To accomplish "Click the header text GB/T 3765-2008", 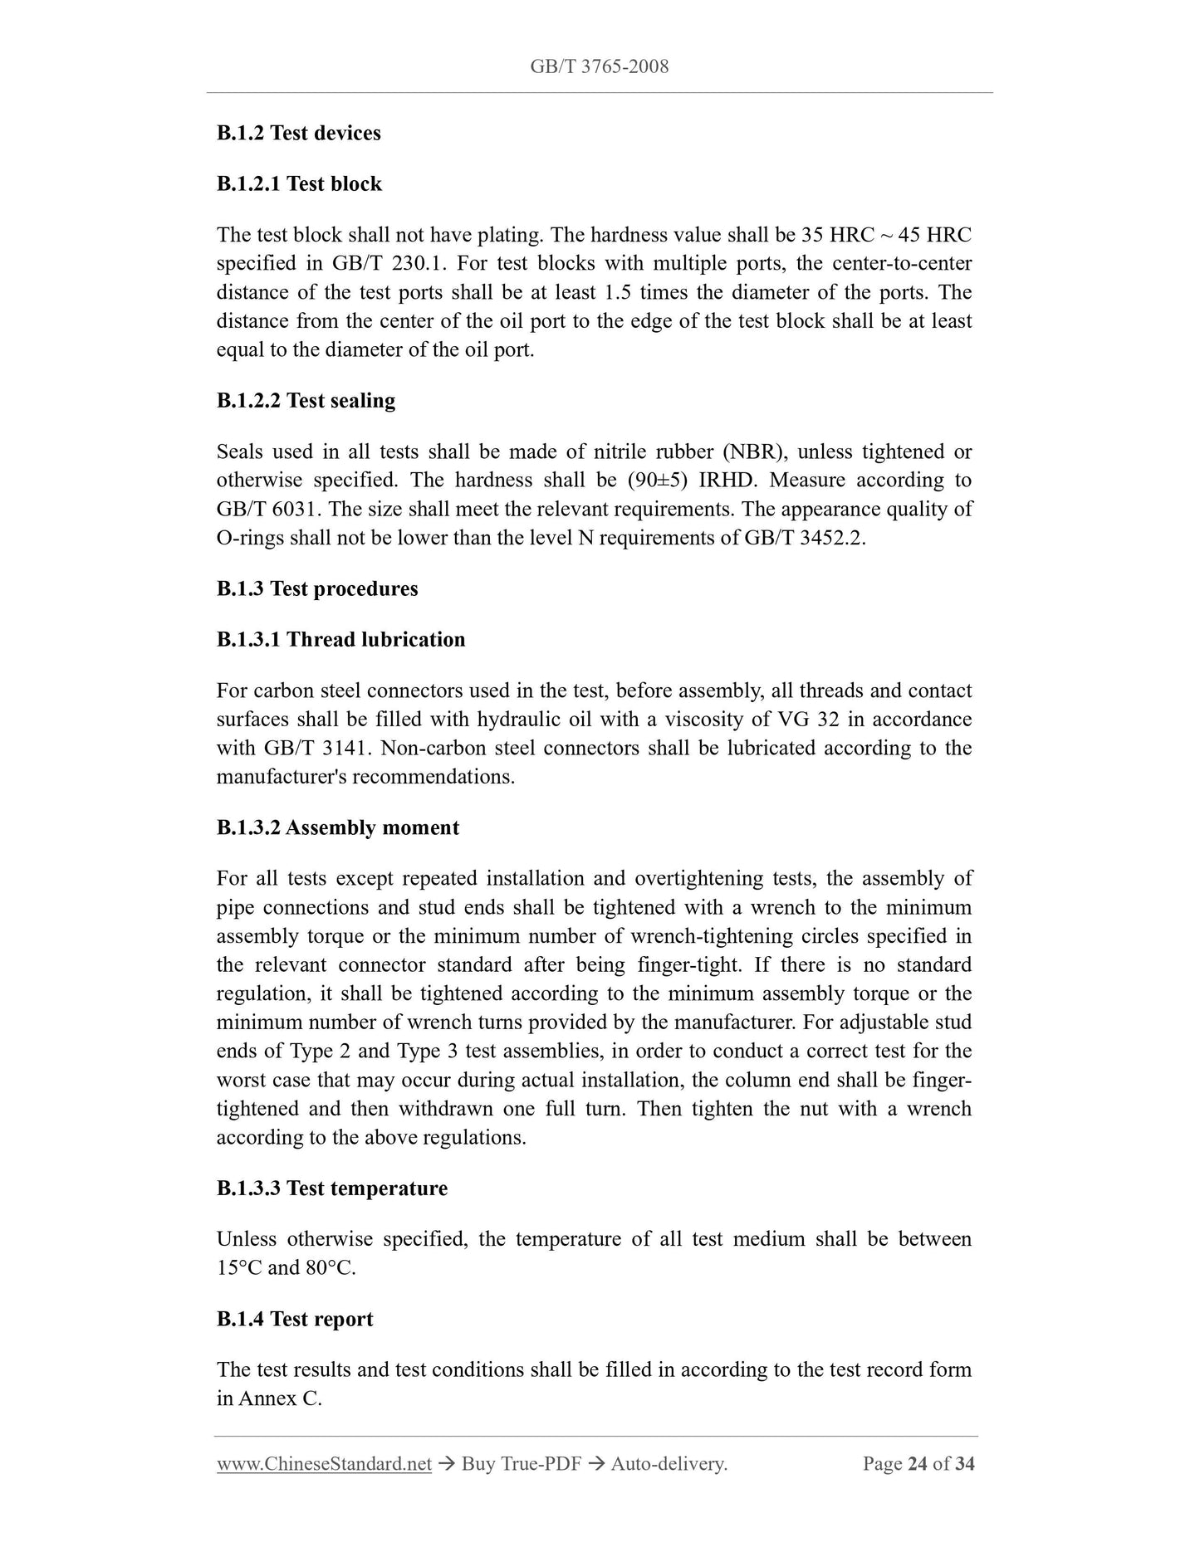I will tap(599, 66).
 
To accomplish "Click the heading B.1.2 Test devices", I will tap(298, 133).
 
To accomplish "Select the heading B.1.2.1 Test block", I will tap(299, 183).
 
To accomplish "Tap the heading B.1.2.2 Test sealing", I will tap(306, 400).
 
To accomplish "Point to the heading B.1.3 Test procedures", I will tap(317, 588).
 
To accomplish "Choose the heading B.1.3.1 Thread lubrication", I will tap(340, 639).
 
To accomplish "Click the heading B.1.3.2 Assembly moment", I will tap(337, 827).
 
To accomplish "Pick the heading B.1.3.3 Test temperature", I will tap(331, 1188).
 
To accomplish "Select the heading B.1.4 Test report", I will tap(294, 1319).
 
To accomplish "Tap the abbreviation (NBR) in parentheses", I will tap(753, 452).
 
